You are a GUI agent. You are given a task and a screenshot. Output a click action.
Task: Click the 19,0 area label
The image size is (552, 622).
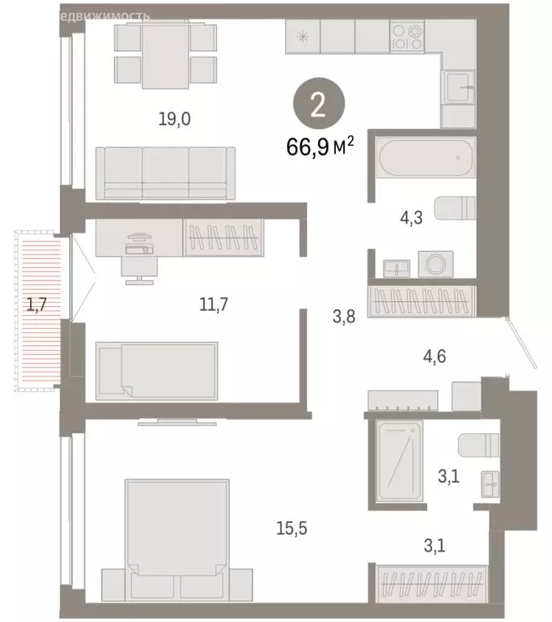[174, 120]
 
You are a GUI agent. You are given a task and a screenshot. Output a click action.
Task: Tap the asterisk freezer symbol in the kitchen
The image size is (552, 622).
[303, 36]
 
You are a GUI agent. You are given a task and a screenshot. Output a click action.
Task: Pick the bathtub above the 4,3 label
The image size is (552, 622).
[424, 158]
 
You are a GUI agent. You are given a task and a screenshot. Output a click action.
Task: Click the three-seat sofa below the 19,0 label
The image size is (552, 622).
[165, 173]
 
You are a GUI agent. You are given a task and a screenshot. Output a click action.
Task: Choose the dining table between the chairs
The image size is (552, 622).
[166, 53]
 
